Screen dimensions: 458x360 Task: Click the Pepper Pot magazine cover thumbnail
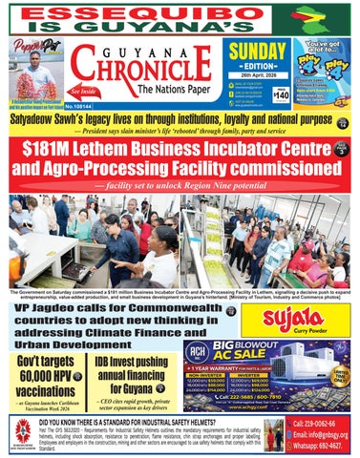pos(34,72)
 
